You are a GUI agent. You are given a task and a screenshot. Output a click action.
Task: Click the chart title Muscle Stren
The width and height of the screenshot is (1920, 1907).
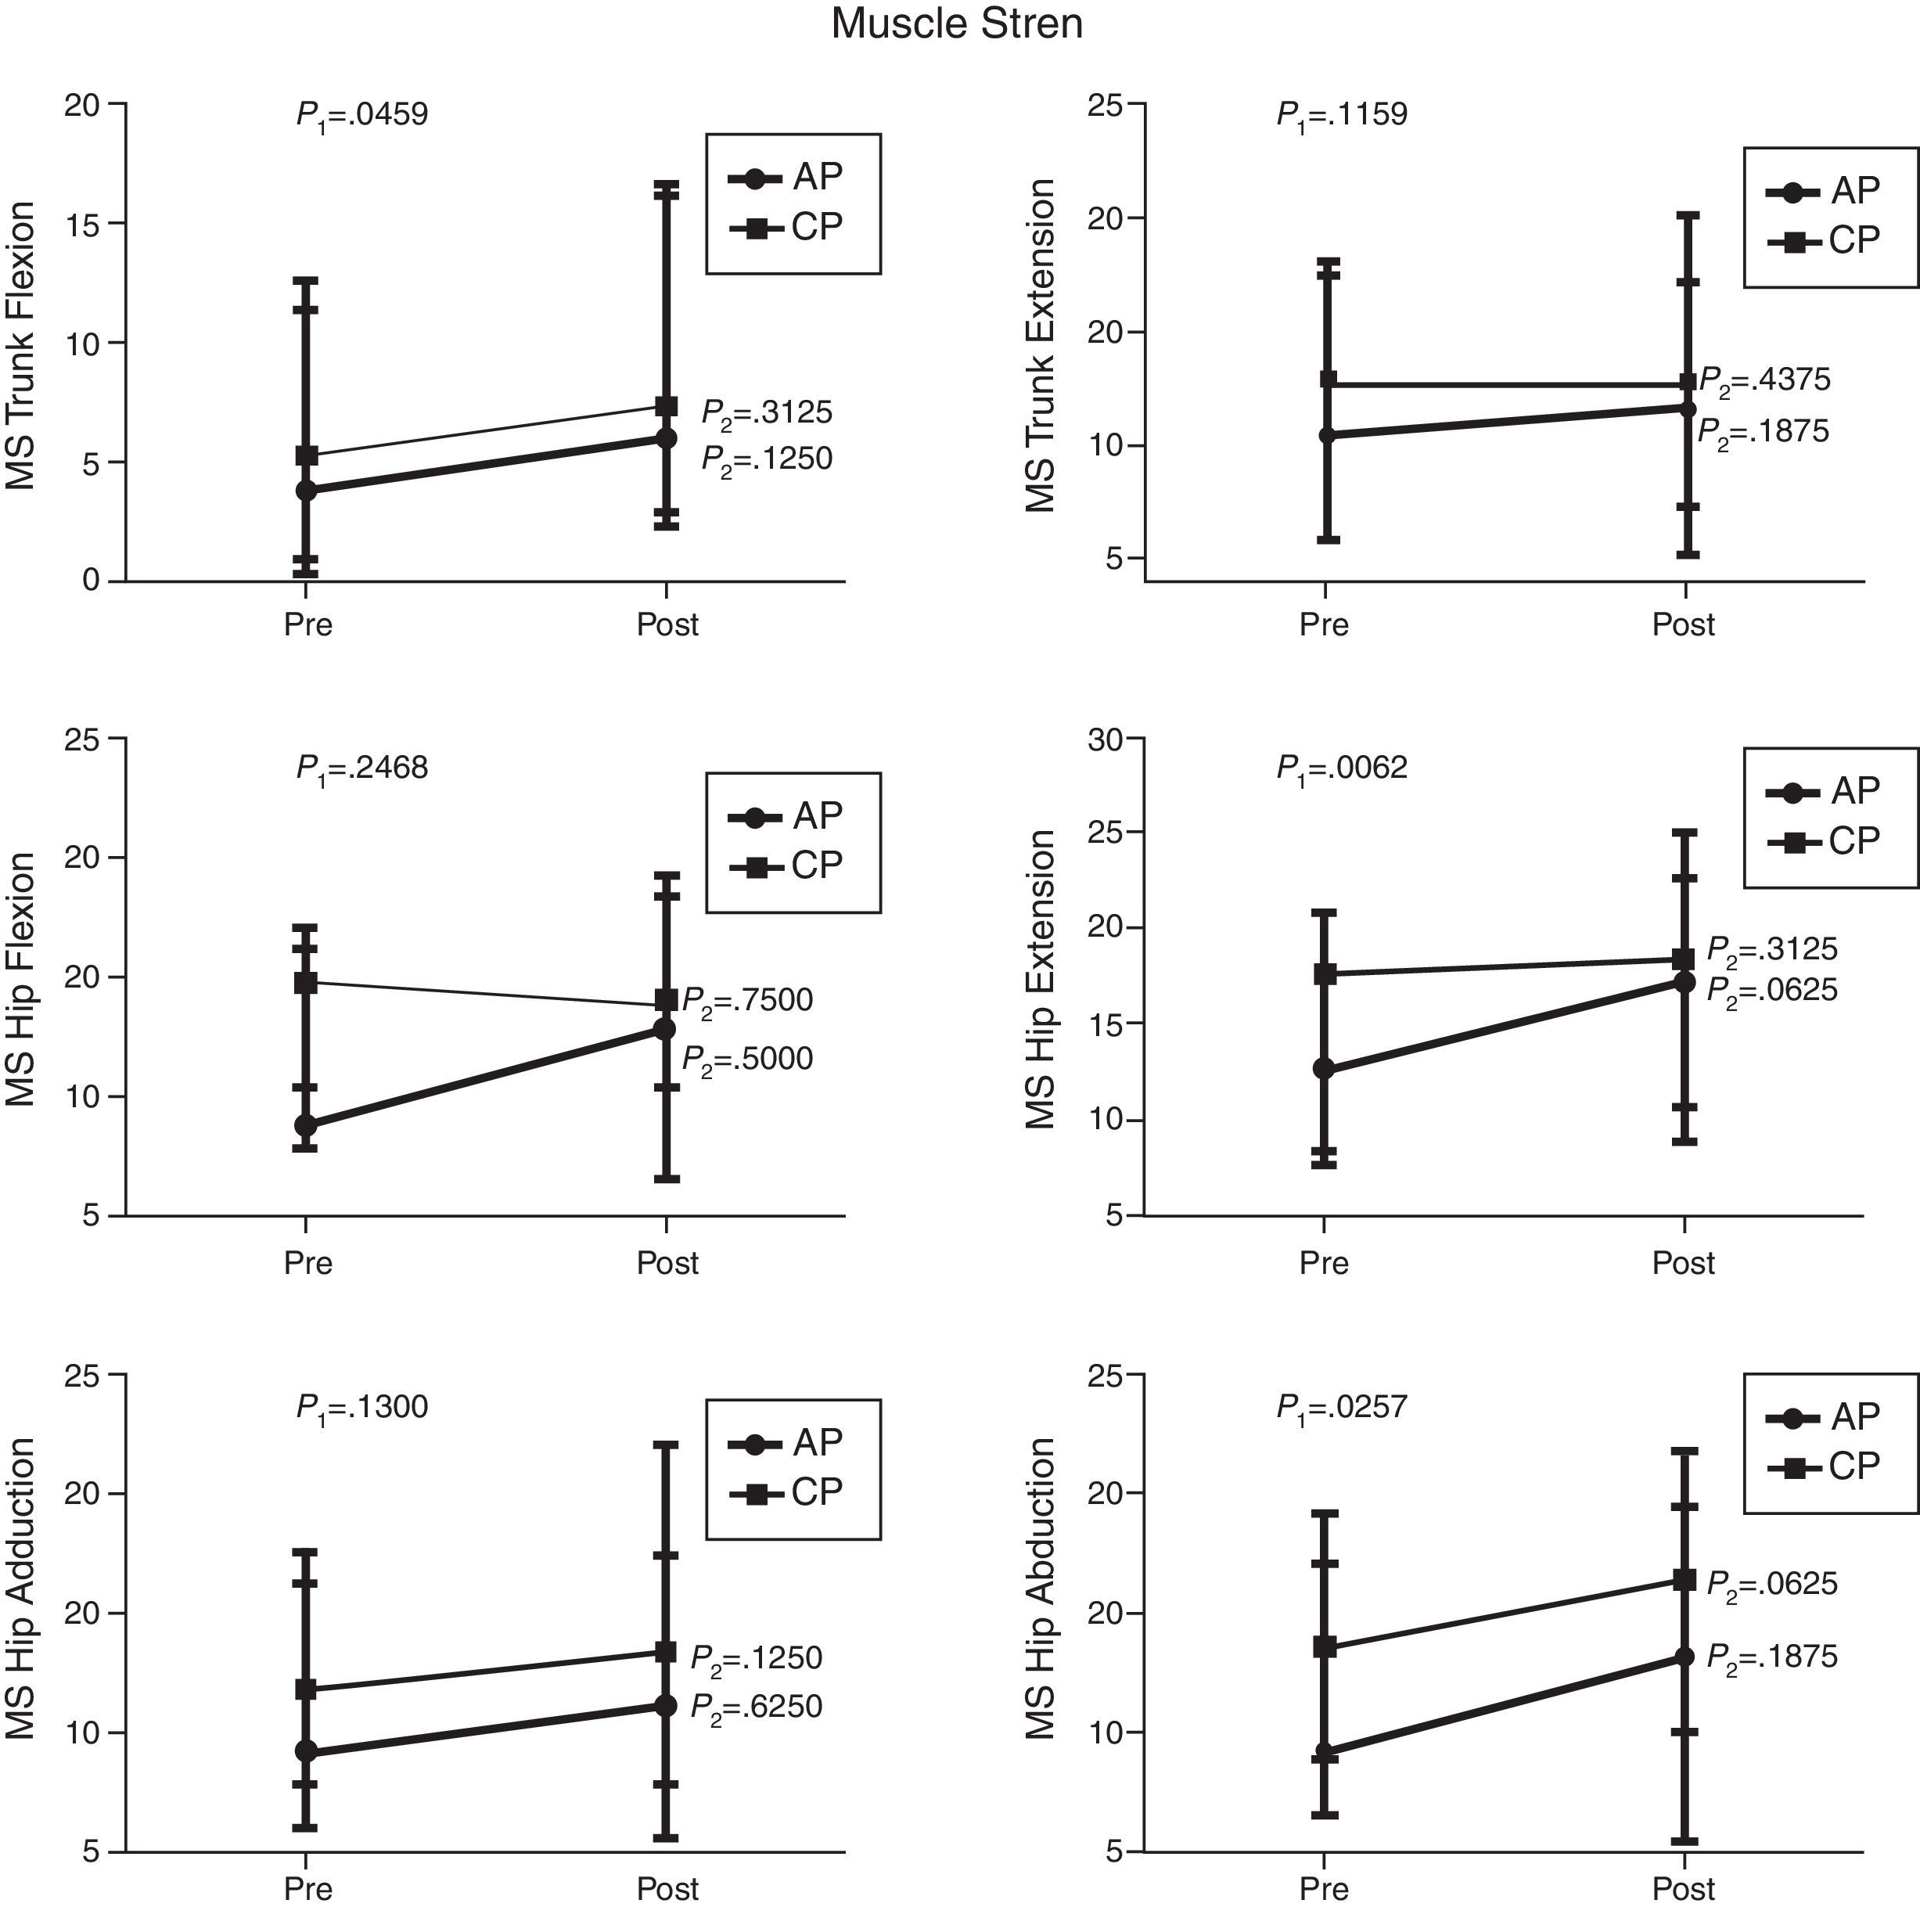[x=956, y=23]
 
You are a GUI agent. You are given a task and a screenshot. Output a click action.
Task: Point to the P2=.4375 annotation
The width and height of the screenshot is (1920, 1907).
[x=1764, y=380]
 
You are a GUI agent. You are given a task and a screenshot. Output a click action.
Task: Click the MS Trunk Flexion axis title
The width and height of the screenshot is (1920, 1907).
[x=21, y=345]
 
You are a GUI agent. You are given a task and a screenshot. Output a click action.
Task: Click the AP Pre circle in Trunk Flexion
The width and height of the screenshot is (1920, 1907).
[x=306, y=490]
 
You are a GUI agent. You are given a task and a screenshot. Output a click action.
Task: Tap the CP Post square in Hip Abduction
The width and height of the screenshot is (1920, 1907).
[x=1684, y=1580]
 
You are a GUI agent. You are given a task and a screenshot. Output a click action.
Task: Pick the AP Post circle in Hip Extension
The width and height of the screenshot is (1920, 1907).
[x=1684, y=983]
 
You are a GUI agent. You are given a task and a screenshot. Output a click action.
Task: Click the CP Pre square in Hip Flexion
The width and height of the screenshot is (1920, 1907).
[x=306, y=983]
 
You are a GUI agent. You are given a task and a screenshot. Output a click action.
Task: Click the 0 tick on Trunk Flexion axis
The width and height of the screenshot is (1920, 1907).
[x=92, y=581]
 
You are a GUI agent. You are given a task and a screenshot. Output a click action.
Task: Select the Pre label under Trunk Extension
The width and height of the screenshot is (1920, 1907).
[x=1324, y=625]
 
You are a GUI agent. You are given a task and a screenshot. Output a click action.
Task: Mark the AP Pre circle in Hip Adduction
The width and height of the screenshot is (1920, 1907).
[x=306, y=1752]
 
